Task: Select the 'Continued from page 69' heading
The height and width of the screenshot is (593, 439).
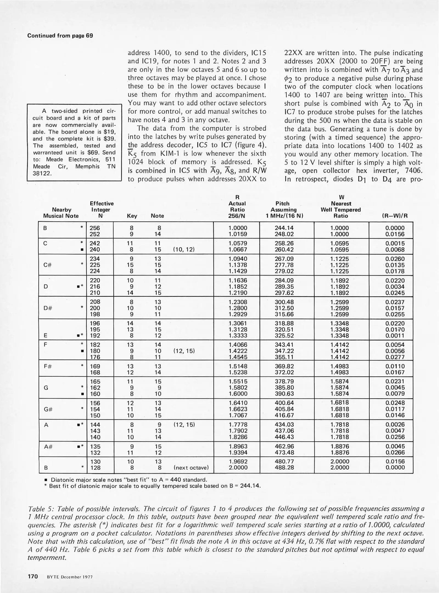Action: click(60, 36)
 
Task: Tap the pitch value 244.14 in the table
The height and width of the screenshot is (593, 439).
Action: click(284, 228)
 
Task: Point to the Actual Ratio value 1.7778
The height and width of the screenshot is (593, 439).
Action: click(238, 425)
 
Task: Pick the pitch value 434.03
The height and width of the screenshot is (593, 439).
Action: click(284, 425)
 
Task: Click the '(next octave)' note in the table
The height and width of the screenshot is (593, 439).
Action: click(191, 468)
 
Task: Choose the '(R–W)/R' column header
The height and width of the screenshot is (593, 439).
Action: click(395, 216)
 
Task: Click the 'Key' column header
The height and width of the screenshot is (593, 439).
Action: click(132, 216)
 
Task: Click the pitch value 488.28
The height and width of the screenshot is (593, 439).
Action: click(284, 468)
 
